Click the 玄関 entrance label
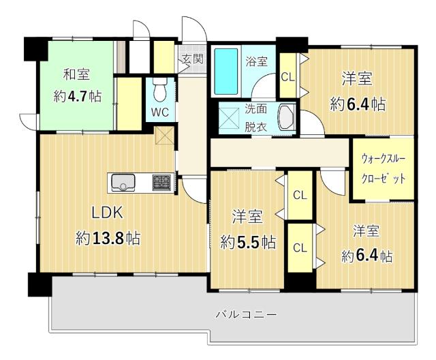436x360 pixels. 191,59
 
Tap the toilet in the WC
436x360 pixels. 160,89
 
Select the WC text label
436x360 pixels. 159,111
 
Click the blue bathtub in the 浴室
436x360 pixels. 226,71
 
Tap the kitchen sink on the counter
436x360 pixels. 123,183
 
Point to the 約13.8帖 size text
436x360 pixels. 108,239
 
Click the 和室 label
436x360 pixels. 77,74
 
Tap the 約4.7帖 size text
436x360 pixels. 78,95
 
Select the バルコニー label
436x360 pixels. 246,315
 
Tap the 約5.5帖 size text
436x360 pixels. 248,242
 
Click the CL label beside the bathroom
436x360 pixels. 287,76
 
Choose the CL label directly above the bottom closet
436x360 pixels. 300,195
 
